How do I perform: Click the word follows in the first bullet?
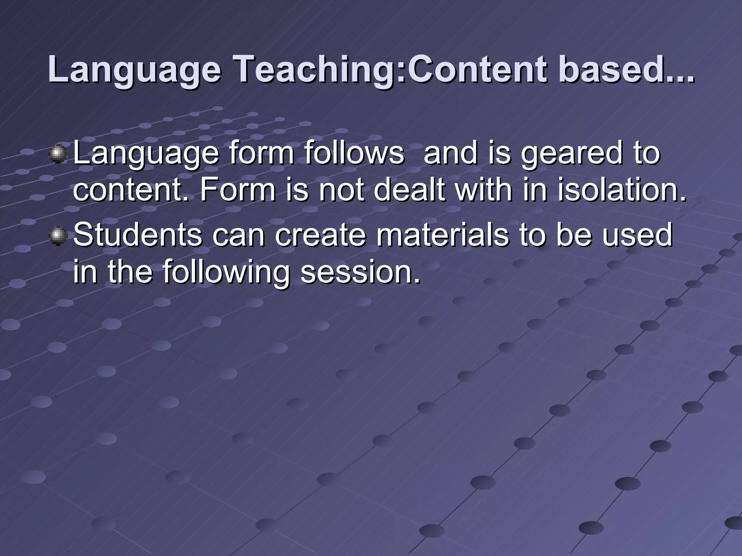pyautogui.click(x=354, y=153)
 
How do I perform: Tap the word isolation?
pyautogui.click(x=622, y=190)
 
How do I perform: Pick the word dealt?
pyautogui.click(x=409, y=190)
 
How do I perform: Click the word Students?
pyautogui.click(x=138, y=235)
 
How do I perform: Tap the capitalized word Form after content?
pyautogui.click(x=237, y=190)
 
